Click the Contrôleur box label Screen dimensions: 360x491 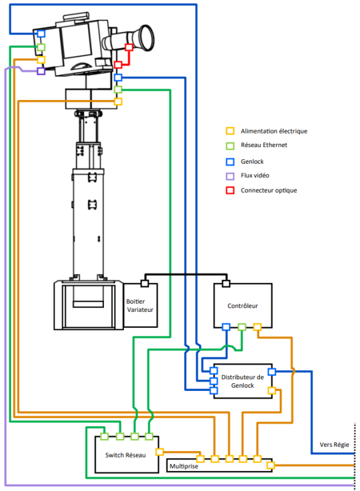point(243,306)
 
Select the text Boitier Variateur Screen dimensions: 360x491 point(140,306)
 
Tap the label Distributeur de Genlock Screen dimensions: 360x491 point(243,381)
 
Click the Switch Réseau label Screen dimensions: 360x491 point(126,455)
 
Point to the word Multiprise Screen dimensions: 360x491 point(184,466)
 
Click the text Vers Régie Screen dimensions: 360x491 point(334,445)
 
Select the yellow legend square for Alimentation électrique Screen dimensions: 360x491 point(230,131)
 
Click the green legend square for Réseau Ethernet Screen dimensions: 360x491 point(230,146)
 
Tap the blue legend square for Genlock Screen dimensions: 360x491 point(230,162)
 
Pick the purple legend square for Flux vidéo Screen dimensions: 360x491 point(230,176)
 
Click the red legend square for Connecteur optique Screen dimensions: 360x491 point(230,190)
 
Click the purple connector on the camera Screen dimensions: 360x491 point(41,71)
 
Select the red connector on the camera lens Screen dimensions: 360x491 point(129,47)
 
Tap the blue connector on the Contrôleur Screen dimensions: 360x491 point(226,327)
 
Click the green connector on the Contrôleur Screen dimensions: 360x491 point(242,327)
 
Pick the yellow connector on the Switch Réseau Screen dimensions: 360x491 point(160,452)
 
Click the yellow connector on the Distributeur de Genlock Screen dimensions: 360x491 point(271,390)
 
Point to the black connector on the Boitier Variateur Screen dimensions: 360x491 point(144,284)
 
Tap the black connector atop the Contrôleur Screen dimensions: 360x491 point(226,284)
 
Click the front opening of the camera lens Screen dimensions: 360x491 point(147,39)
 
